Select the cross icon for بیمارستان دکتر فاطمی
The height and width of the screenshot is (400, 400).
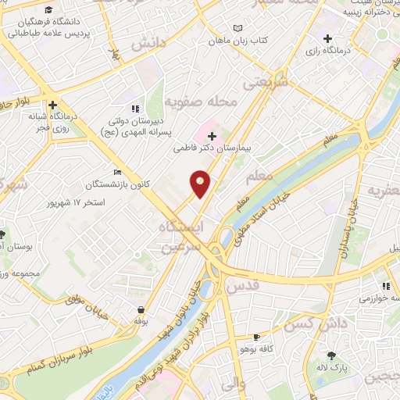tap(212, 136)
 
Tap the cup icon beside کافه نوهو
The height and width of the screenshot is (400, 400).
tap(255, 337)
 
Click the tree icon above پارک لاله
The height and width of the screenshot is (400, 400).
tap(338, 354)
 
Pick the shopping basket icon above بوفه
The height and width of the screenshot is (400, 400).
tap(141, 309)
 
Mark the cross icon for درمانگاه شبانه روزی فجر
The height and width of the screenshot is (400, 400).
tap(52, 104)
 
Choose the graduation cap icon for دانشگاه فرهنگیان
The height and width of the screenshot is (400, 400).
tap(49, 11)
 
